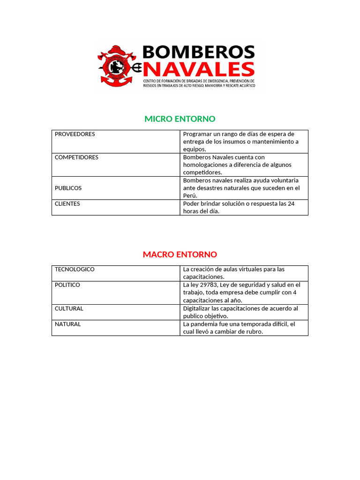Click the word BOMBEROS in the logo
pos(198,52)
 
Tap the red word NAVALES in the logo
pos(199,69)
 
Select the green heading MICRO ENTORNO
pos(180,119)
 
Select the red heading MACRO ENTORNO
pos(180,255)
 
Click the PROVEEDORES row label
pos(75,134)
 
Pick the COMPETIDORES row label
pos(76,157)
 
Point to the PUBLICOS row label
pos(68,188)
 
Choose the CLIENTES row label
pos(67,204)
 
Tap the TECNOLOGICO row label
pos(75,270)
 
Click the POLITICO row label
pos(67,285)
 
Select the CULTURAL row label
pos(69,308)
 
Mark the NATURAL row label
pos(67,324)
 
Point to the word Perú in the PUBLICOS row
pos(190,196)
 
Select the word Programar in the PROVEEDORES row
pos(198,134)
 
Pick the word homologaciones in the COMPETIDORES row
pos(204,165)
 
